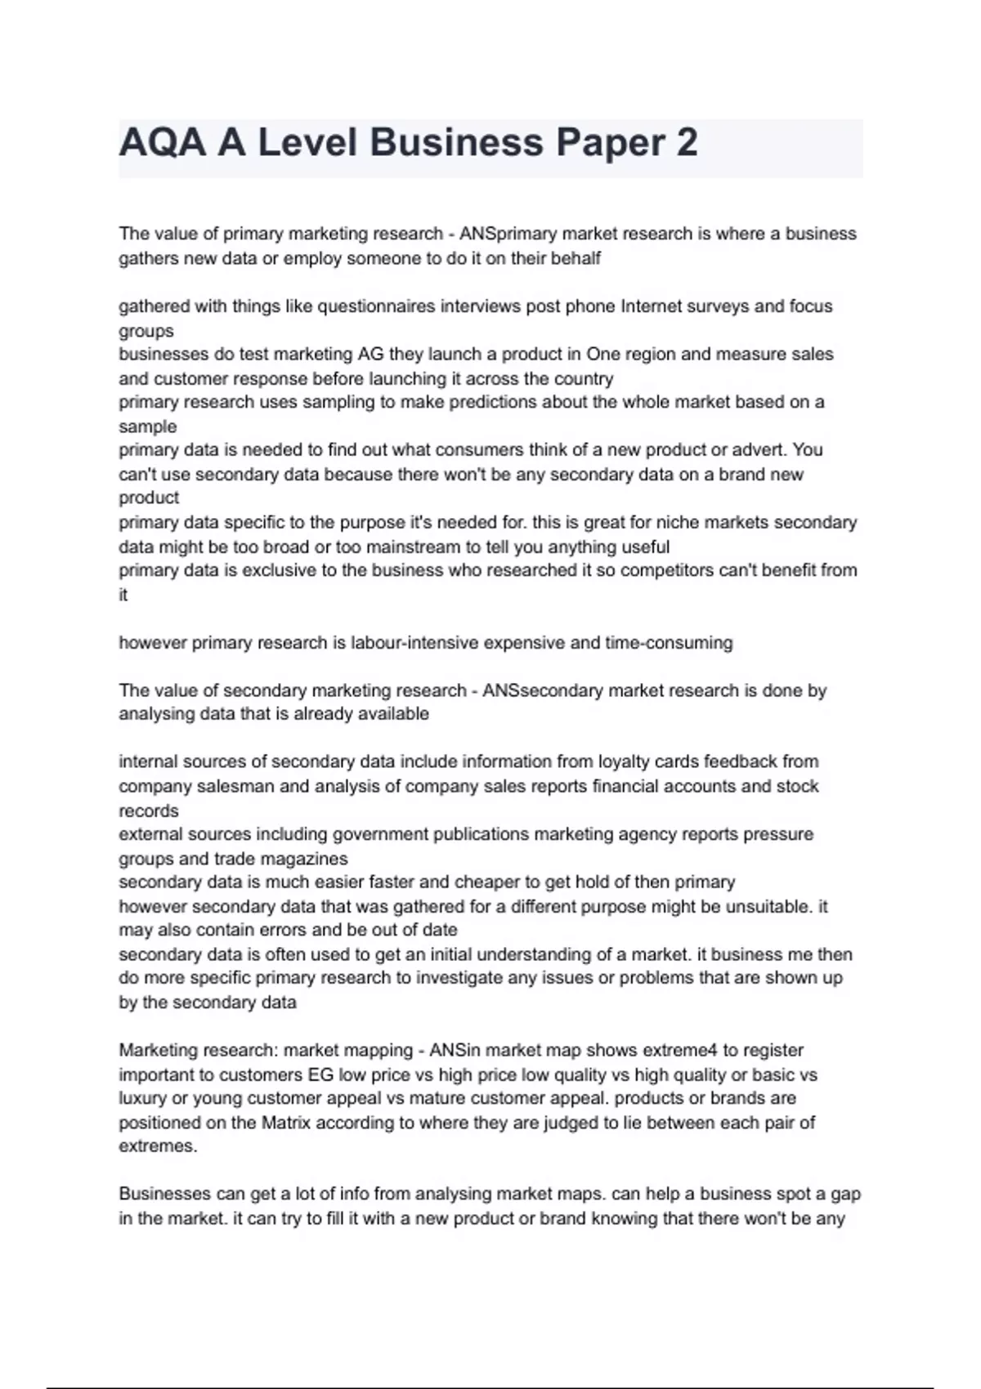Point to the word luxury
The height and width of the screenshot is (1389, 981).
click(142, 1098)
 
